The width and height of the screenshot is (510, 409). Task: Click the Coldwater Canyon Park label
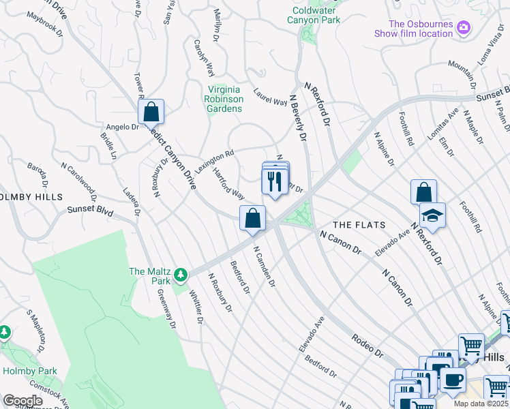(x=316, y=15)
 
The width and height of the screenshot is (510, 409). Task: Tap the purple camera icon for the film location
(x=464, y=28)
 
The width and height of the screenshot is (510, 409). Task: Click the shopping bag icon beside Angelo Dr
(x=151, y=112)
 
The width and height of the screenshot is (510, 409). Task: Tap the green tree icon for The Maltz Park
(x=180, y=275)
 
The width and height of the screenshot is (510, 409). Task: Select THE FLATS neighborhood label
(x=359, y=225)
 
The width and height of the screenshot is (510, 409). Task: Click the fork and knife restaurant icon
(x=275, y=181)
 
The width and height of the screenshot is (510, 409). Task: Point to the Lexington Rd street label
(x=214, y=162)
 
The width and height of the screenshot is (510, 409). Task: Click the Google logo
(x=22, y=401)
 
